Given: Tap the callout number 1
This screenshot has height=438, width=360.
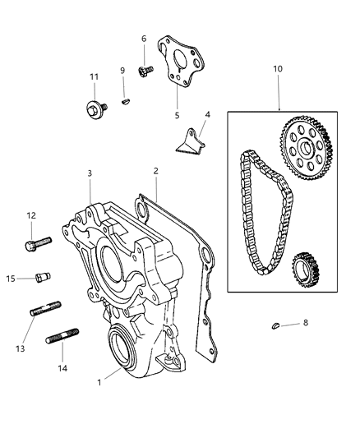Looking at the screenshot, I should click(100, 382).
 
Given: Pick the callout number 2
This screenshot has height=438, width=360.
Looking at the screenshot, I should click(155, 172).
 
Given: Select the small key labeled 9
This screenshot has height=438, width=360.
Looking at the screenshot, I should click(124, 102).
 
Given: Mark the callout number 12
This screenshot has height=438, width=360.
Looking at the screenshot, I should click(31, 215).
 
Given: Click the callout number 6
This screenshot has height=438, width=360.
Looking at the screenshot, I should click(144, 39).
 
